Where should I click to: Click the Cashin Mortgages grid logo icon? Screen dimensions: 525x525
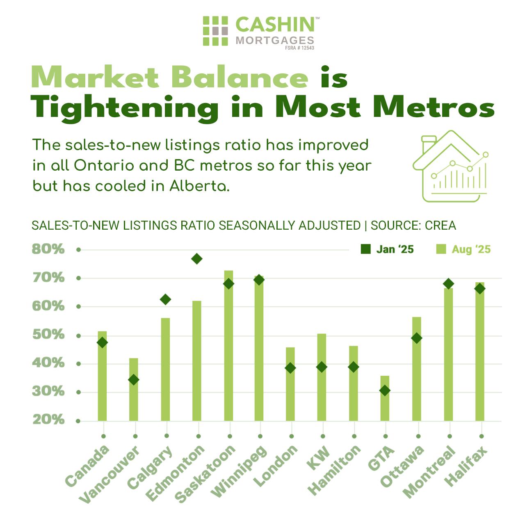(215, 31)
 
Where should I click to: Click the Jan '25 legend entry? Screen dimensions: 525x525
(387, 249)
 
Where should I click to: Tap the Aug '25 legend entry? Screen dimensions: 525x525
(463, 249)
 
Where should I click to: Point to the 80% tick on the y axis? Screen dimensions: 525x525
(48, 249)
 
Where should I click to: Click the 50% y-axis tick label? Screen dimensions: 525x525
(48, 335)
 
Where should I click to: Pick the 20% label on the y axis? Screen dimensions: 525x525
(48, 420)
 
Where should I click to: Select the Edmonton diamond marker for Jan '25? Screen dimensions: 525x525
(196, 259)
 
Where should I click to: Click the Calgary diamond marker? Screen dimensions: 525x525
(165, 299)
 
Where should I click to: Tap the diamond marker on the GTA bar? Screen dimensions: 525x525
(385, 391)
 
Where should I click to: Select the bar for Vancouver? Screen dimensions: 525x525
(134, 389)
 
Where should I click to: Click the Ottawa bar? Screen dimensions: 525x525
(416, 369)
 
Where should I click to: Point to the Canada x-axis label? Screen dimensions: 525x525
(87, 466)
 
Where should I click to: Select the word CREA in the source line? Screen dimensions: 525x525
(441, 226)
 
